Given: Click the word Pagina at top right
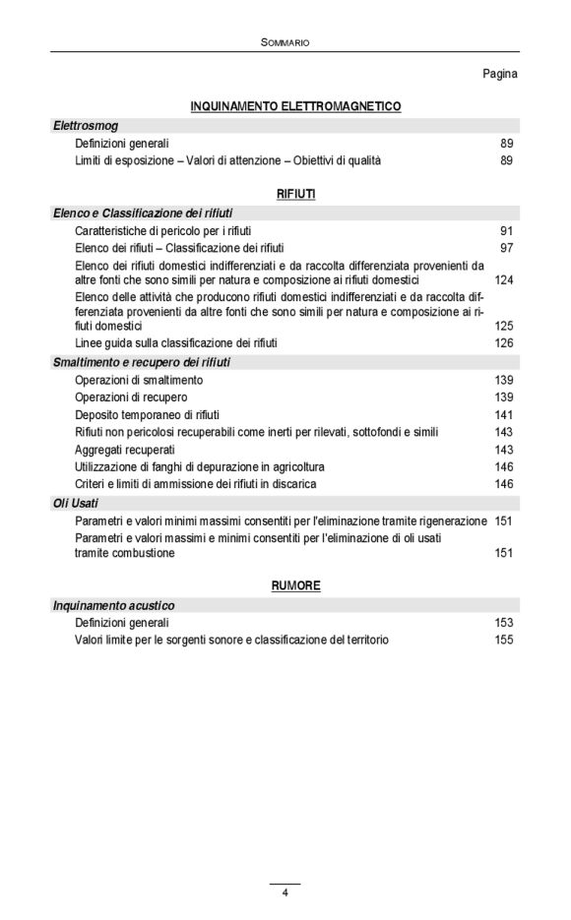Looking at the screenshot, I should click(x=500, y=74).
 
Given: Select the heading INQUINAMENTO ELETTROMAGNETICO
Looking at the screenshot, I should click(x=295, y=106).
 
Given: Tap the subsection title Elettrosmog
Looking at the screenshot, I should click(x=86, y=126).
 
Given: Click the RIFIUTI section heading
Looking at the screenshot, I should click(x=295, y=195).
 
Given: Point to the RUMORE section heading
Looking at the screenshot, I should click(x=295, y=586).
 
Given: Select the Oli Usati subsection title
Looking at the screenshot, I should click(x=75, y=503).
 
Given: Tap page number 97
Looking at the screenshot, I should click(x=506, y=248).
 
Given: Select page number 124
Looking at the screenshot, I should click(x=504, y=280).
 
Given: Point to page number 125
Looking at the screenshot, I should click(x=504, y=326).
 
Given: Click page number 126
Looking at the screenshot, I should click(x=504, y=343).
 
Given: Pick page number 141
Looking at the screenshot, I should click(x=504, y=415).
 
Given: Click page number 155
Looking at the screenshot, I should click(x=504, y=640).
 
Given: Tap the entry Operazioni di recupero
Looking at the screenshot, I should click(x=131, y=398).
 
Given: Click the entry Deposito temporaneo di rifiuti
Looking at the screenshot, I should click(x=142, y=415).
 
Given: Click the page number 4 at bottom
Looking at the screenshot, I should click(x=285, y=893).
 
